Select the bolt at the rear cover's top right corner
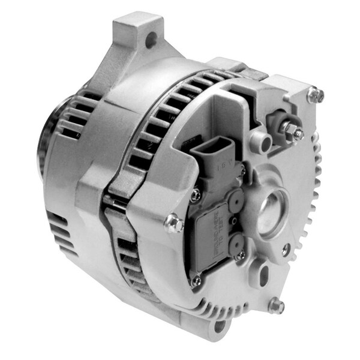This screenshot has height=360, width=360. tap(316, 94)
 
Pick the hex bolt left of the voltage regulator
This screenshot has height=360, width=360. tap(175, 223)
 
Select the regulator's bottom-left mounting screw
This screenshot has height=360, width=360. tap(196, 280)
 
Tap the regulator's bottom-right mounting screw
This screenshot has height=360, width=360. tap(239, 256)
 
